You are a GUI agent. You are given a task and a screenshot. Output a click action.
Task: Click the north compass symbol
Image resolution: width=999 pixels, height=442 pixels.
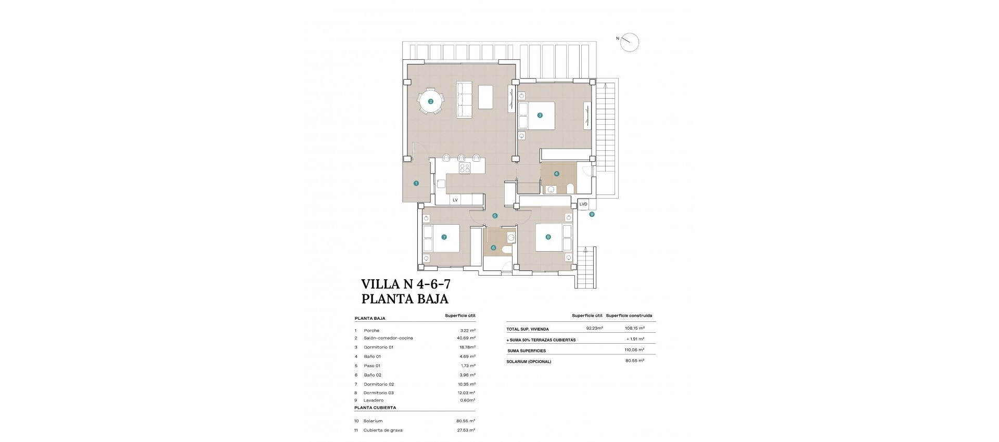(629, 42)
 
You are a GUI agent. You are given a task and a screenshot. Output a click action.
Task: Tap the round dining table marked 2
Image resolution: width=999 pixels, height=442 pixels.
(431, 102)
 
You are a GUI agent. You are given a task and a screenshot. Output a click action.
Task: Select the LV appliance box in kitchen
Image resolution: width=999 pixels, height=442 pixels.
(455, 200)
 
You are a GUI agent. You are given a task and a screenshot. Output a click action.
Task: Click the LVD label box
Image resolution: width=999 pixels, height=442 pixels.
(583, 204)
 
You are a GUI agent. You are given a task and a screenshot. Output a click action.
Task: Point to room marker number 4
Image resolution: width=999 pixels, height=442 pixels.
(557, 174)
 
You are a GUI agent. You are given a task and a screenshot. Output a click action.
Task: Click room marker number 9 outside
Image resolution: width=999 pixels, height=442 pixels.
(592, 214)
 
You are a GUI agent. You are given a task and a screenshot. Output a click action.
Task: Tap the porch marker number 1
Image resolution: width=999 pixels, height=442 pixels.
(416, 183)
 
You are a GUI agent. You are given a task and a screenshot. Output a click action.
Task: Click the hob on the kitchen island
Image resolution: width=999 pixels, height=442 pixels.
(100, 167)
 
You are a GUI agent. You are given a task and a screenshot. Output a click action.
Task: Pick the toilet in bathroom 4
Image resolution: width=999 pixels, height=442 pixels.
(570, 188)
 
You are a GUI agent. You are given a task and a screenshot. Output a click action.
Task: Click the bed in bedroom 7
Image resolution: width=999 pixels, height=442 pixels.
(442, 238)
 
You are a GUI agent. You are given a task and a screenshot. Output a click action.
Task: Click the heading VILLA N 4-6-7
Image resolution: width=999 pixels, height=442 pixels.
(406, 284)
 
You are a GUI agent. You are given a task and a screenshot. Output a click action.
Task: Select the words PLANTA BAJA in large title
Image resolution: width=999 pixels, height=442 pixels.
(404, 299)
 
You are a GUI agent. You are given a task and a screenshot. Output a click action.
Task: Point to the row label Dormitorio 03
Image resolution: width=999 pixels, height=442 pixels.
(378, 393)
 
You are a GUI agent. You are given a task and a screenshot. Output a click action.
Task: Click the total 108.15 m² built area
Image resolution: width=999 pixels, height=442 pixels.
(634, 329)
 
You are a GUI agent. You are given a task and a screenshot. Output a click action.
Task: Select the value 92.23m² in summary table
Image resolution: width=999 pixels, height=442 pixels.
(594, 329)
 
